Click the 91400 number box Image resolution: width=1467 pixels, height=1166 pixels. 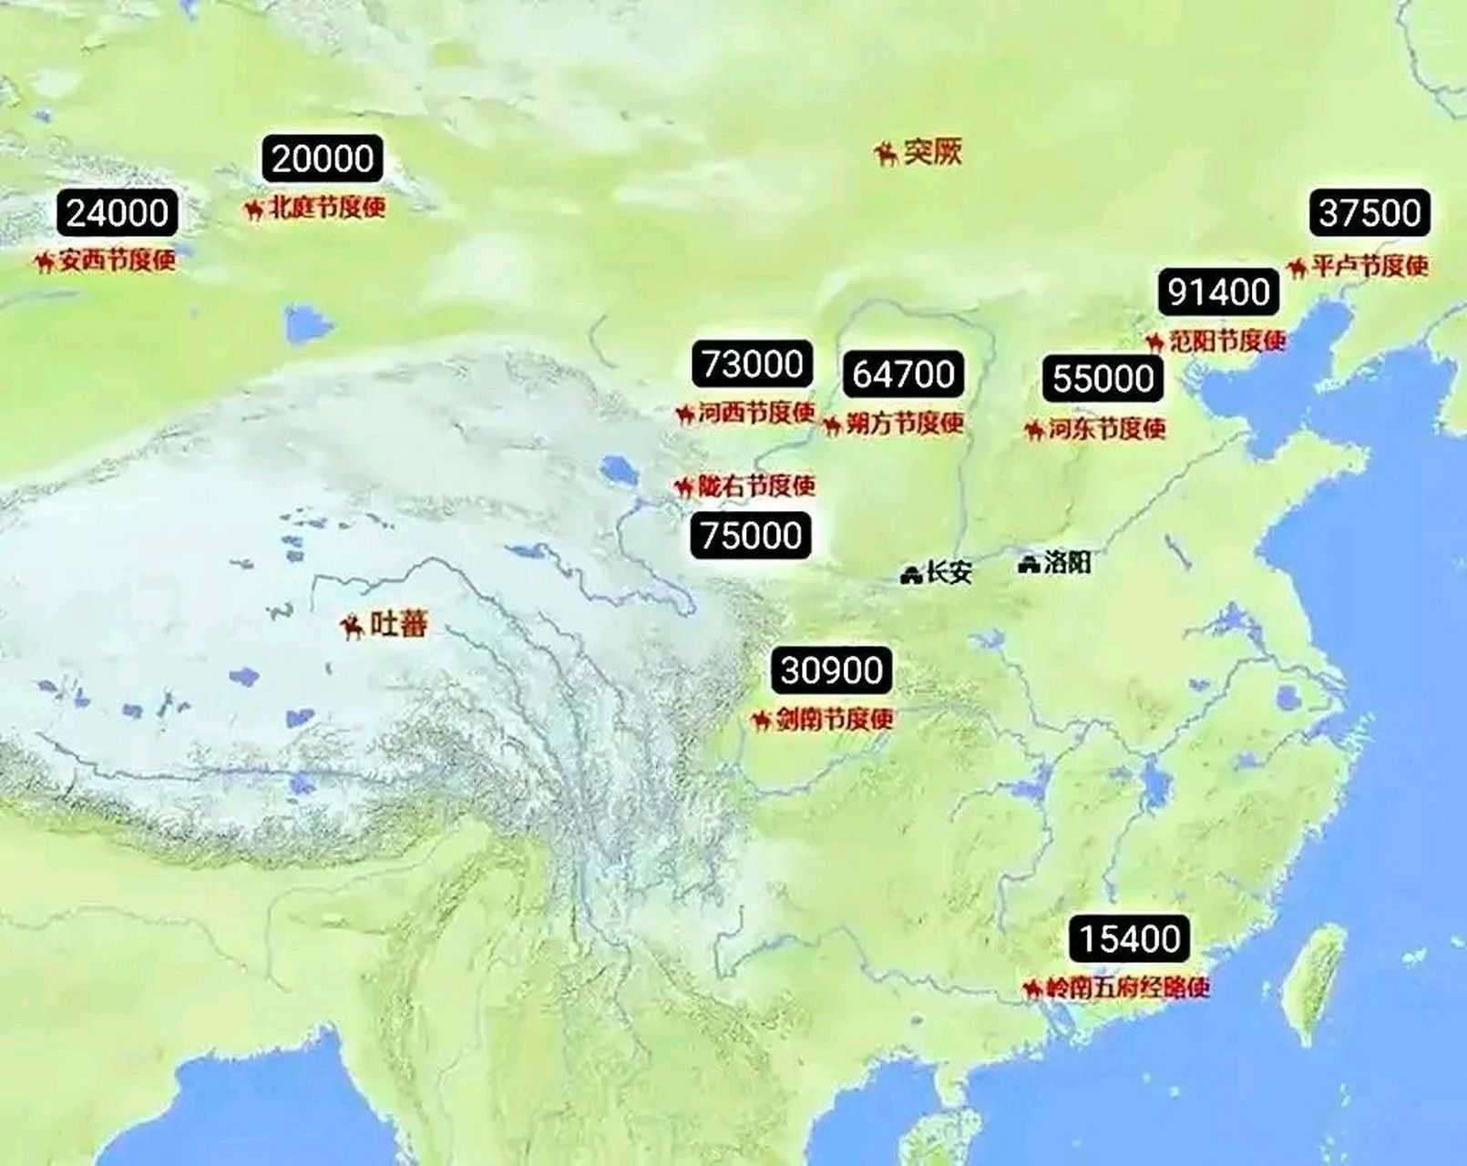tap(1218, 291)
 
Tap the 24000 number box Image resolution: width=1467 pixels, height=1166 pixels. tap(118, 213)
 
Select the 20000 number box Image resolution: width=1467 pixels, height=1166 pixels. tap(323, 159)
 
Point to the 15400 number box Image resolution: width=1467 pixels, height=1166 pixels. tap(1129, 938)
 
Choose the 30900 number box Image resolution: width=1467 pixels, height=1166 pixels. tap(831, 670)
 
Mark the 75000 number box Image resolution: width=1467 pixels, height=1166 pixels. tap(752, 535)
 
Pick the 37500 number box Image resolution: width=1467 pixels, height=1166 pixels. tap(1370, 213)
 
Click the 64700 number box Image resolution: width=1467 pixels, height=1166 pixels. tap(903, 373)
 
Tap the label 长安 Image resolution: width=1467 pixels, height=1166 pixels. tap(949, 572)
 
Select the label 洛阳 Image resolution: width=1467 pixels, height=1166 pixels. tap(1067, 562)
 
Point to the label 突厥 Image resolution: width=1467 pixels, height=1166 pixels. tap(932, 151)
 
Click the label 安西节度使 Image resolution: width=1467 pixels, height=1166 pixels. tap(117, 261)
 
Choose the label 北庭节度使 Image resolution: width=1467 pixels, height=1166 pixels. tap(328, 208)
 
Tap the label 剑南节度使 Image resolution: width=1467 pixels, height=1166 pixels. tap(834, 720)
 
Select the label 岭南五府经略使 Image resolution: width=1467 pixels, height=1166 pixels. tap(1127, 987)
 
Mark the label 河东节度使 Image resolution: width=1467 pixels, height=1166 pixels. tap(1106, 428)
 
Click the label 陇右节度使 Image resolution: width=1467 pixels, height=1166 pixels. tap(756, 486)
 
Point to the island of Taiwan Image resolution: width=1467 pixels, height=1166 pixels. tap(1313, 984)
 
